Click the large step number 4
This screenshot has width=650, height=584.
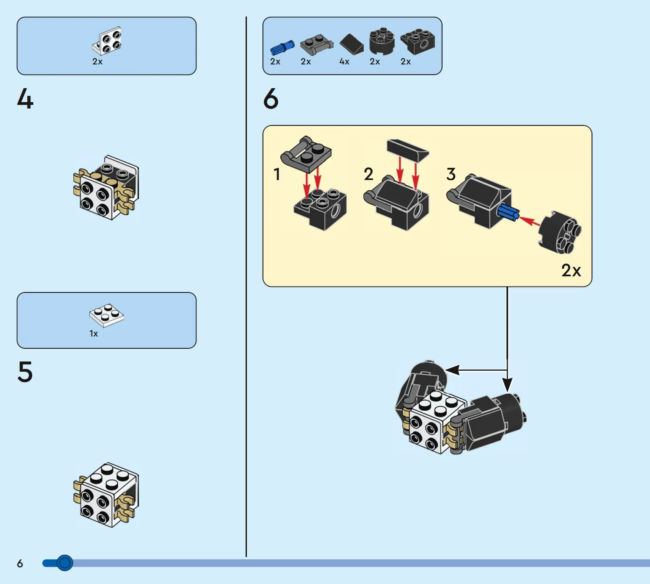click(25, 99)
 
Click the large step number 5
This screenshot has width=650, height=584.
click(25, 371)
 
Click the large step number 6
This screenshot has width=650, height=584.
click(271, 99)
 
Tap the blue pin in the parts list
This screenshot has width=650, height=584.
click(282, 48)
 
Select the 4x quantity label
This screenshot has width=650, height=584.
click(344, 61)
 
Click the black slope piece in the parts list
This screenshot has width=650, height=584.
click(351, 44)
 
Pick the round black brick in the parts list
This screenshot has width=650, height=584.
click(382, 41)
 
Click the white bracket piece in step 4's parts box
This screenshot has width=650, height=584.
click(107, 41)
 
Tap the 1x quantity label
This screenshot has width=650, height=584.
click(94, 334)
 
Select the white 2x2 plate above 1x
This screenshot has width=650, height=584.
click(107, 315)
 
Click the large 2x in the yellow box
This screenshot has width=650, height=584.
click(571, 270)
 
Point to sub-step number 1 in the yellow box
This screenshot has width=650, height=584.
click(277, 174)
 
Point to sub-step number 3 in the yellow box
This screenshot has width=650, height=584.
click(451, 174)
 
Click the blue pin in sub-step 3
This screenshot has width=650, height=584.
click(508, 213)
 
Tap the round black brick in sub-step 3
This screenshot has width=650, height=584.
click(559, 232)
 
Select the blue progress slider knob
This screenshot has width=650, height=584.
click(65, 563)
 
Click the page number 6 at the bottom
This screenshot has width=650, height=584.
click(20, 564)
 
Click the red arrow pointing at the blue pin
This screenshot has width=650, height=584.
click(529, 221)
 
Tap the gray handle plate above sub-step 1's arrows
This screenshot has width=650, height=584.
click(306, 154)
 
